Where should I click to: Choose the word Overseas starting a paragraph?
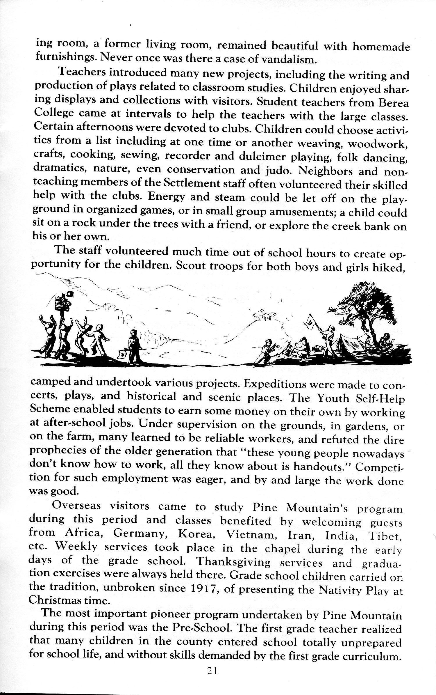point(76,507)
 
